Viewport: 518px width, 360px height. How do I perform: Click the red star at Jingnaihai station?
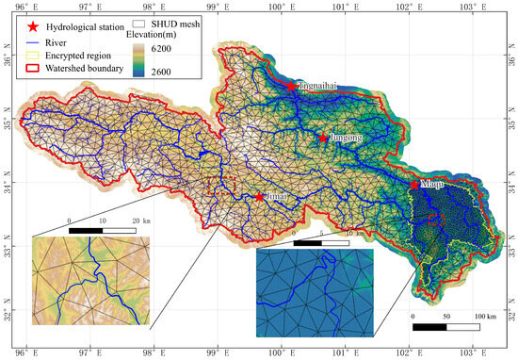click(x=291, y=87)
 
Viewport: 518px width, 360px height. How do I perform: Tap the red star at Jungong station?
click(x=323, y=139)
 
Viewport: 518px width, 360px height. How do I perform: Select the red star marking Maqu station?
click(x=414, y=185)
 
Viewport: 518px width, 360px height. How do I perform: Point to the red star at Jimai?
click(x=259, y=197)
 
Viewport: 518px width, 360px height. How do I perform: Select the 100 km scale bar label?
click(x=484, y=315)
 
